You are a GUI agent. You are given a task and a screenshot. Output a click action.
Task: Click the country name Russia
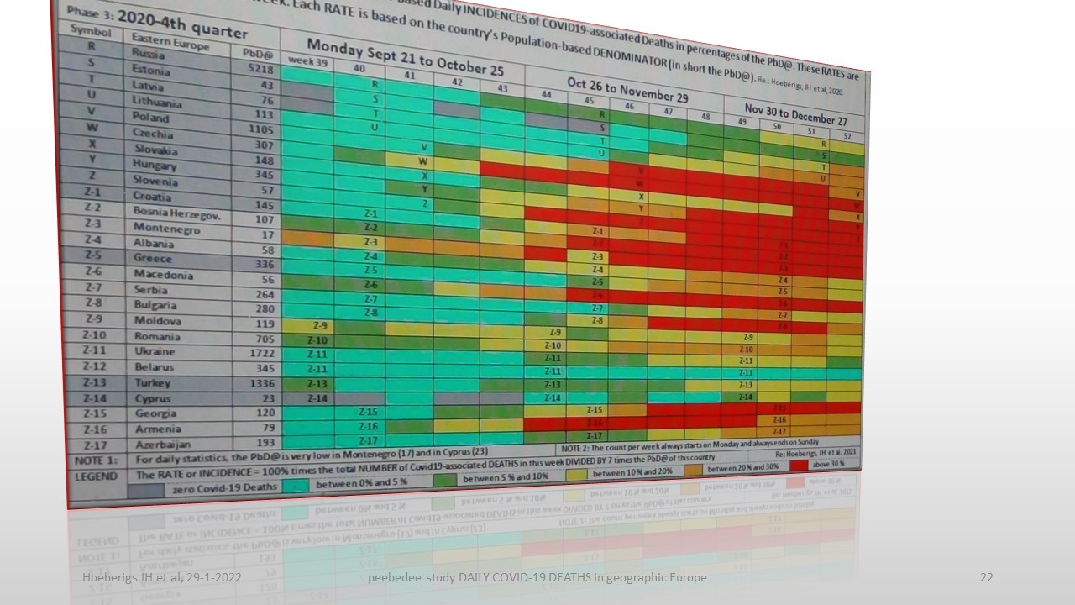pyautogui.click(x=149, y=53)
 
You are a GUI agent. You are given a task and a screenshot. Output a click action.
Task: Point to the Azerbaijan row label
pyautogui.click(x=162, y=444)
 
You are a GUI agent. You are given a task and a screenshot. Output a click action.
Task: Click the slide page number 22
pyautogui.click(x=987, y=577)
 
